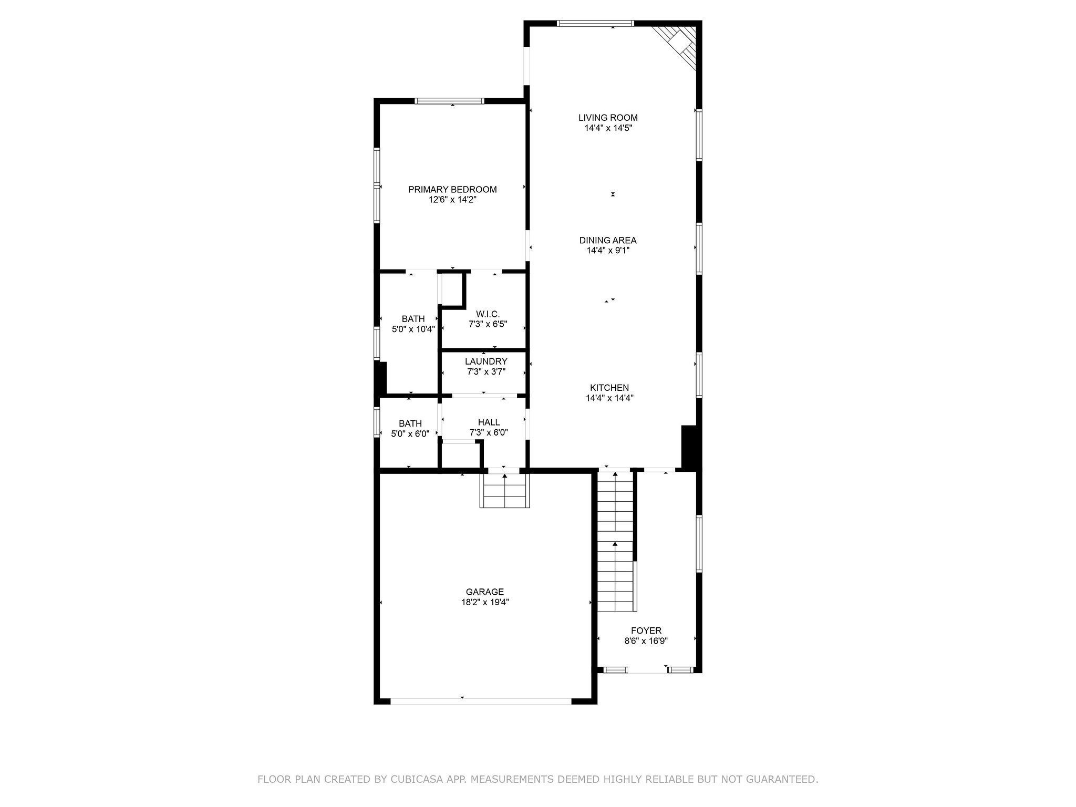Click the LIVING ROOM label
click(x=608, y=118)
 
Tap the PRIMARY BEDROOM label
click(x=452, y=190)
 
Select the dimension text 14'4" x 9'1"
click(x=608, y=251)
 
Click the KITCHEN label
click(x=609, y=388)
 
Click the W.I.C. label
click(x=488, y=314)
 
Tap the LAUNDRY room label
click(x=486, y=361)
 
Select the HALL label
click(x=489, y=422)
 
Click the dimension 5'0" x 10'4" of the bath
click(x=413, y=329)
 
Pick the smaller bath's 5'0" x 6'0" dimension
click(x=410, y=434)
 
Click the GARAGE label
click(x=484, y=592)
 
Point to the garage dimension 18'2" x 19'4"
click(x=484, y=603)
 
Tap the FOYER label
click(x=646, y=630)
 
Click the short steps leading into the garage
click(x=504, y=491)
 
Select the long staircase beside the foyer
click(x=615, y=541)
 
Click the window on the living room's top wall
click(x=595, y=23)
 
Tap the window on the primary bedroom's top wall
click(x=449, y=101)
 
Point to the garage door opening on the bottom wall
click(x=480, y=701)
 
